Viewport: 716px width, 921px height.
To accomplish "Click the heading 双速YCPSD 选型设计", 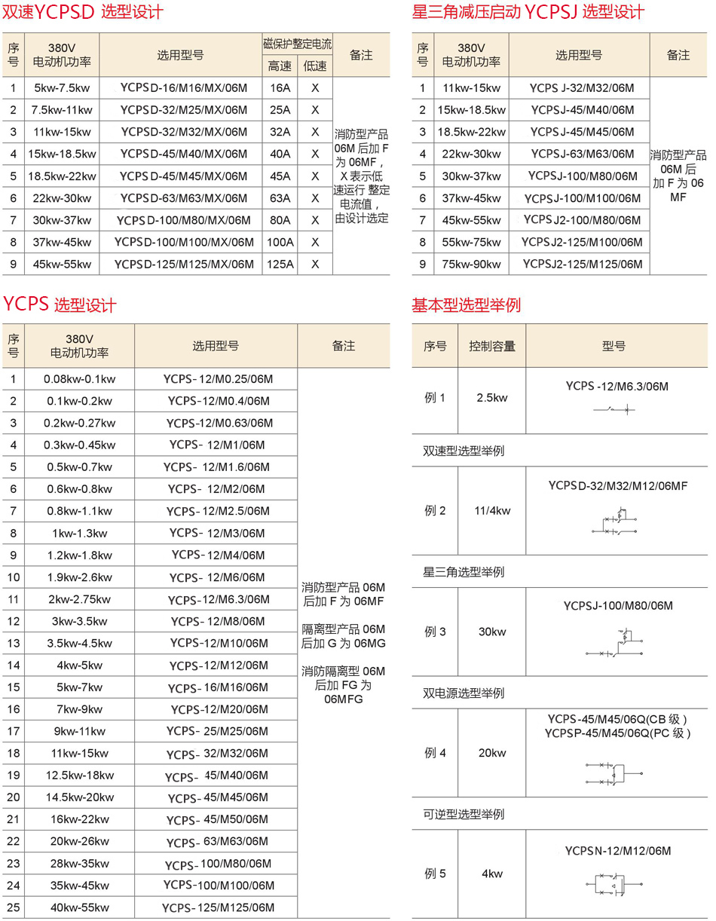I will tap(82, 12).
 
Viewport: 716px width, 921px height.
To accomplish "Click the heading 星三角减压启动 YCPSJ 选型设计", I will tap(528, 12).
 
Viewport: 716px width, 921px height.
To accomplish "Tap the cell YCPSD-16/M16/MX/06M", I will tap(183, 88).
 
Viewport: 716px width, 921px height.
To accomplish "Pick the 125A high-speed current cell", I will tap(280, 265).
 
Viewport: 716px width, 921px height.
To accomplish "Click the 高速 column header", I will tap(280, 66).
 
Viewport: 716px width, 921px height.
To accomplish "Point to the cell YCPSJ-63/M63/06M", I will tap(583, 154).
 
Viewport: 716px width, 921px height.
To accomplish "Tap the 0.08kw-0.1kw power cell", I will tap(79, 379).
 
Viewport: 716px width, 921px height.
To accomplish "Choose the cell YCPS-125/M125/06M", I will tap(218, 907).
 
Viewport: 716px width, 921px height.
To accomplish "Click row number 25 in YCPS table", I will tap(13, 907).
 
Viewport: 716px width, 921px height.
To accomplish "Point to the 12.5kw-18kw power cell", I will tap(79, 776).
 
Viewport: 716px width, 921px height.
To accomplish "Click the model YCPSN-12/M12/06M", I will tap(618, 852).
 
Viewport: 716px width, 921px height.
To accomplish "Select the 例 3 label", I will tap(436, 632).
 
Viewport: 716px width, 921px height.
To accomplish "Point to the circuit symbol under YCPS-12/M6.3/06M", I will tap(617, 409).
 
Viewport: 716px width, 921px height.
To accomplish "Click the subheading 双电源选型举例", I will tap(464, 693).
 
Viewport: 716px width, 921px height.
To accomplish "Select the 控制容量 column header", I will tap(492, 347).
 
